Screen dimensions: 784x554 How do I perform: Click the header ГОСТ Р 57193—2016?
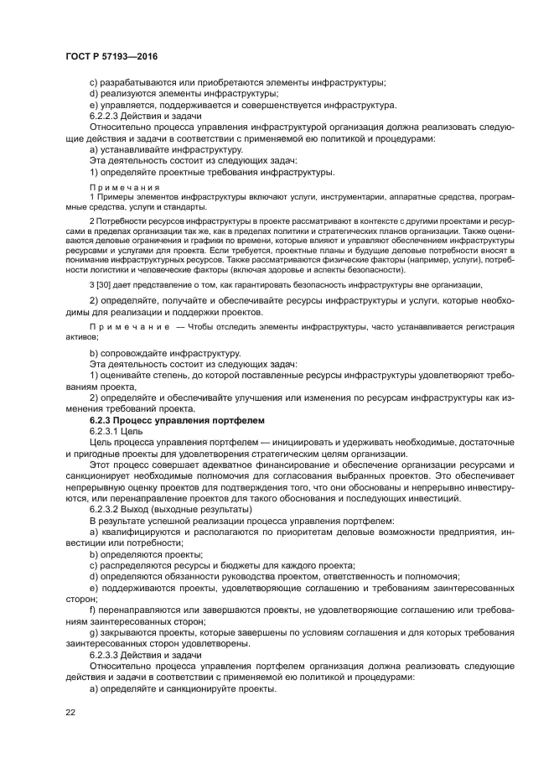(x=112, y=55)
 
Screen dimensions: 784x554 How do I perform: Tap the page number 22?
(x=70, y=712)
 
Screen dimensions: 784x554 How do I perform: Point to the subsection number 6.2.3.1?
(x=107, y=429)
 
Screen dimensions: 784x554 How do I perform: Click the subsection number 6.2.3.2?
(x=107, y=509)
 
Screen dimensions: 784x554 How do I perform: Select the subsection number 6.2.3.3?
(x=107, y=654)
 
